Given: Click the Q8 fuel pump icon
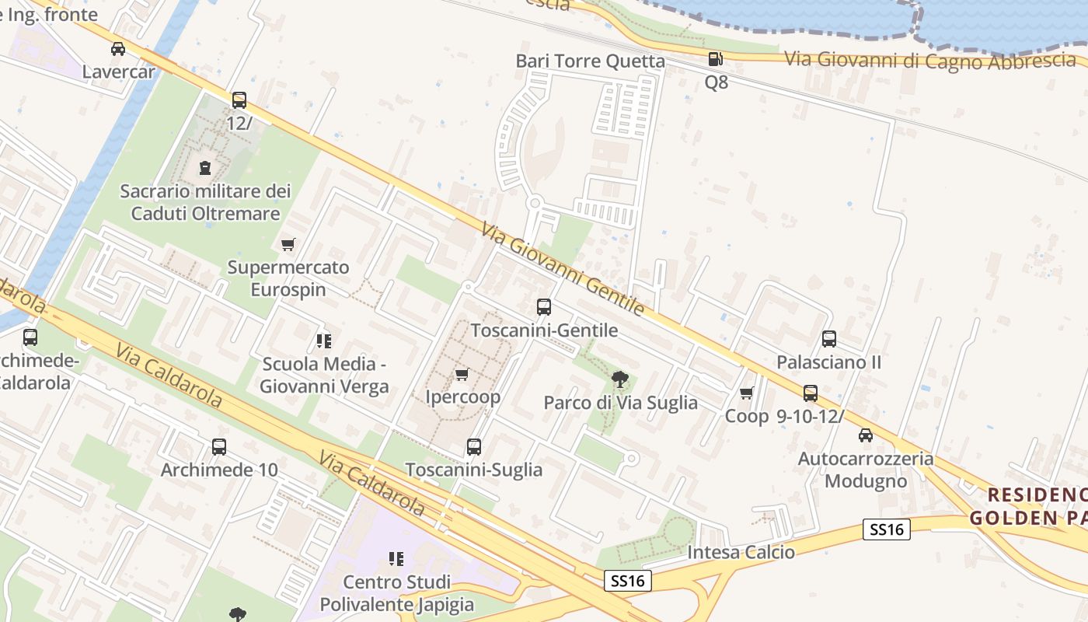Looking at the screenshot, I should (715, 59).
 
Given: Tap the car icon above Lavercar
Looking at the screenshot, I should (118, 49).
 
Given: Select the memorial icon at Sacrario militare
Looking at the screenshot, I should (204, 167).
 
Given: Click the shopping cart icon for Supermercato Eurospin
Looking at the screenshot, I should (288, 245).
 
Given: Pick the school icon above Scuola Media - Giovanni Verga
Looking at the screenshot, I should (324, 341).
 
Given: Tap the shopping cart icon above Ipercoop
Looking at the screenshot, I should (462, 375).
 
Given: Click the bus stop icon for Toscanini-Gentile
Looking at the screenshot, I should (544, 307).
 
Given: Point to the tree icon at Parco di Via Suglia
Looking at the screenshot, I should (619, 379).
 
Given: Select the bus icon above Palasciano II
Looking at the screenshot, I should (829, 339).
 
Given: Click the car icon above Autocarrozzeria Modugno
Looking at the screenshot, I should (866, 435).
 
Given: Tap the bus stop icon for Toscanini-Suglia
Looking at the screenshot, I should (474, 447).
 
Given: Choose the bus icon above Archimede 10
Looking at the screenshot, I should (219, 447).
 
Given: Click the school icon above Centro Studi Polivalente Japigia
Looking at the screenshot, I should (396, 559).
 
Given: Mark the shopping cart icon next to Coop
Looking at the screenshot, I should (747, 393).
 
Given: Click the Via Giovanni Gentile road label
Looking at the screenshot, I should (563, 269).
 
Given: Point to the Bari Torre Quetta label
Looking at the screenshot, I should (591, 61).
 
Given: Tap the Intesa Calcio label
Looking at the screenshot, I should (741, 553).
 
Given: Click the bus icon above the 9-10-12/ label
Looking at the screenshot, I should (811, 393).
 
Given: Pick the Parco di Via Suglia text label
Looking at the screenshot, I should (620, 403).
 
